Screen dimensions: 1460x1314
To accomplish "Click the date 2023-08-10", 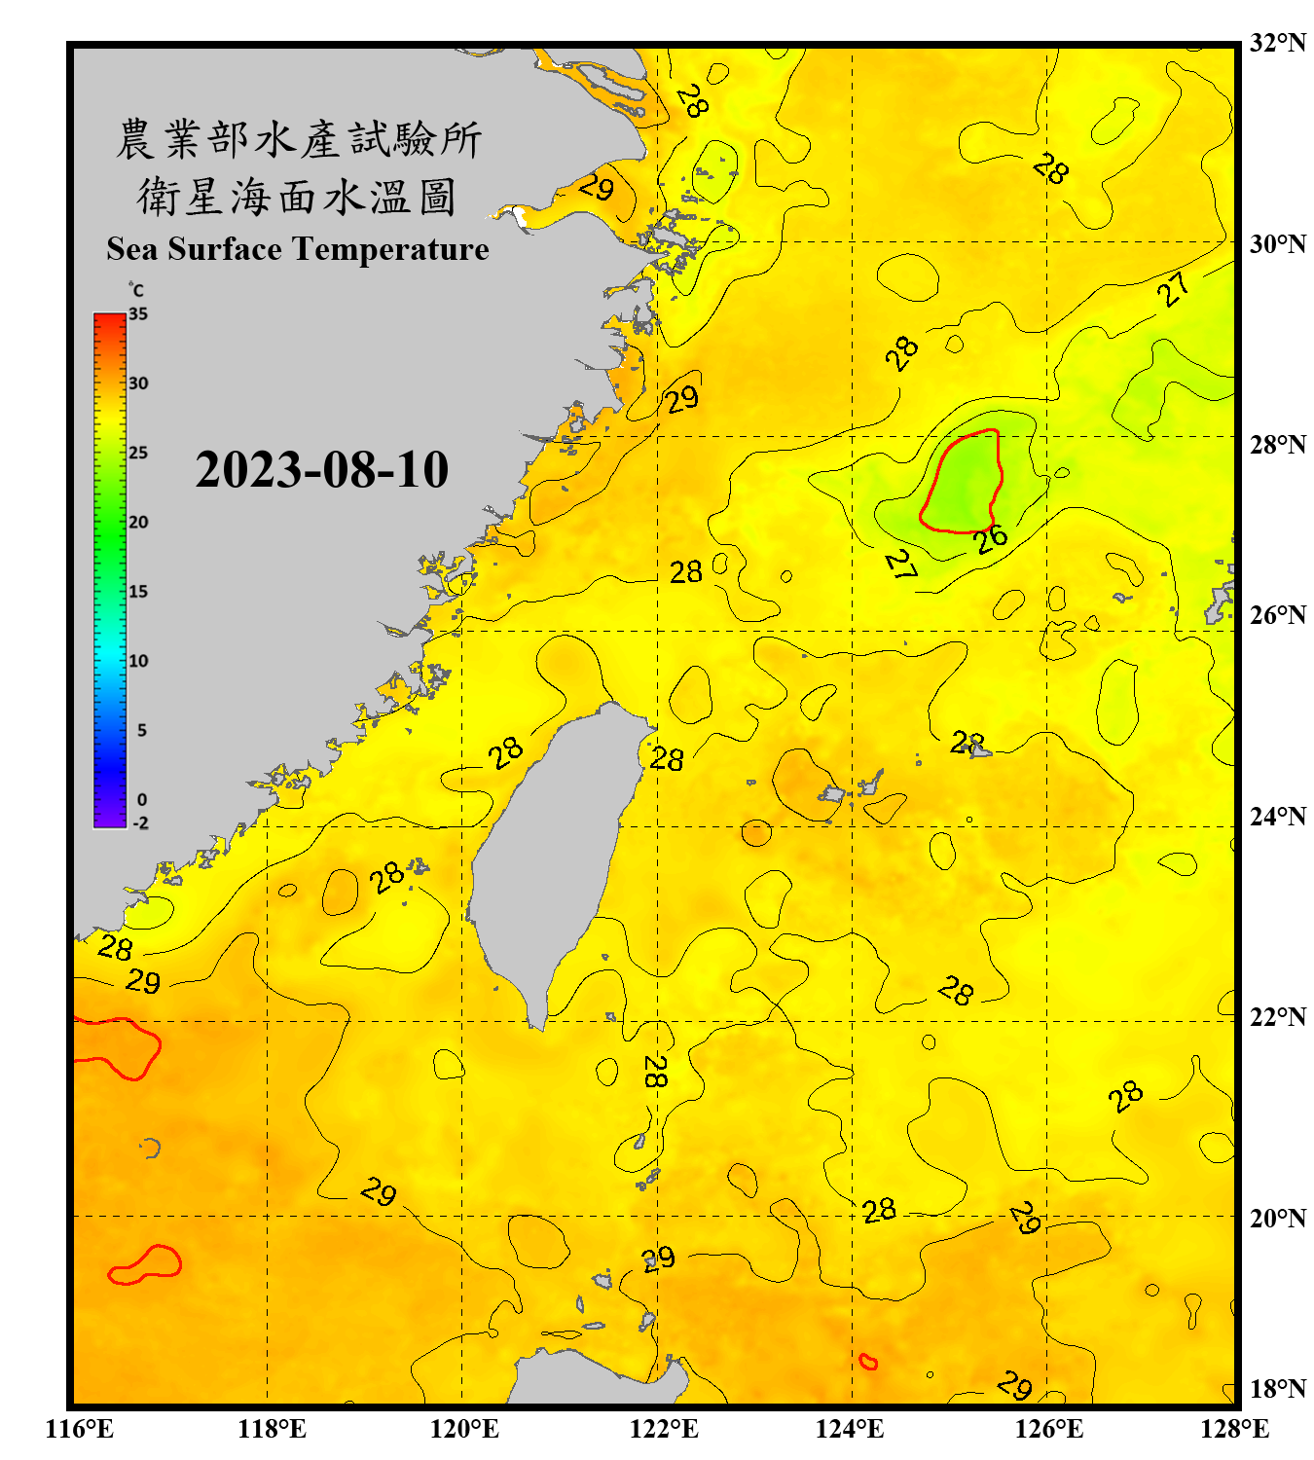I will click(x=321, y=470).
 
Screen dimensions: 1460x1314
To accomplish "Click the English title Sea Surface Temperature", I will click(x=298, y=249).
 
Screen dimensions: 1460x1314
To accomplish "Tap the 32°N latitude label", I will click(x=1277, y=43).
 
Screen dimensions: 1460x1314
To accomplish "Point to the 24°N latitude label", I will click(x=1277, y=816).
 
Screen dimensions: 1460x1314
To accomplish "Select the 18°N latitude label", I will click(x=1277, y=1389).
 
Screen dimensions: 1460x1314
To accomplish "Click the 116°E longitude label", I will click(x=79, y=1429).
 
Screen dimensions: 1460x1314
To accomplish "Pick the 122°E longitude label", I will click(x=664, y=1429).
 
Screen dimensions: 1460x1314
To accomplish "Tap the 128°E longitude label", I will click(x=1234, y=1429).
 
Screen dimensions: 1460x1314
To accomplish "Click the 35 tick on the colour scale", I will click(x=138, y=314).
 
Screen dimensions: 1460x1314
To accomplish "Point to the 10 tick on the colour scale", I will click(x=138, y=661).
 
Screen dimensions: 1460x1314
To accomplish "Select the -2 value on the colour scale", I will click(x=140, y=823).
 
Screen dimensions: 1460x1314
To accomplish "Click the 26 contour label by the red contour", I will click(x=991, y=538).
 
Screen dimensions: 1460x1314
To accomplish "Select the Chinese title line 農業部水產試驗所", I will click(x=298, y=139).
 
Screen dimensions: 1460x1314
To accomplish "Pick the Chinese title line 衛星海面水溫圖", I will click(x=298, y=197).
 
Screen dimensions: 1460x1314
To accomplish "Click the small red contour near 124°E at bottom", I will click(x=868, y=1362).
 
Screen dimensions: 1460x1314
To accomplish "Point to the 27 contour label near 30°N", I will click(x=1174, y=289).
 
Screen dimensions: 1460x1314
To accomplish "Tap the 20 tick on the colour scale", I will click(x=138, y=523).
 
